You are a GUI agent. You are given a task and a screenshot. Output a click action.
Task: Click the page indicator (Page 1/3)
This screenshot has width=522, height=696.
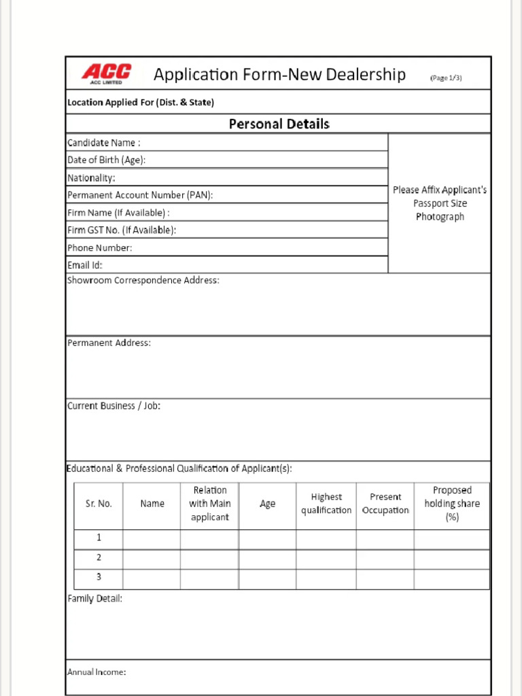click(446, 78)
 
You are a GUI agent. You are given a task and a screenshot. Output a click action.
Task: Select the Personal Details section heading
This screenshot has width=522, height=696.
click(279, 124)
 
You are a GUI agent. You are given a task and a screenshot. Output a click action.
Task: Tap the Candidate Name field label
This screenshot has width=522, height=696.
click(104, 143)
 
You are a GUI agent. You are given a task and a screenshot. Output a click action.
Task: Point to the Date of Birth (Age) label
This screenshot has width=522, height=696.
click(106, 160)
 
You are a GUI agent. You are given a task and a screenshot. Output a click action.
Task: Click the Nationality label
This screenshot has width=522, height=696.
click(91, 178)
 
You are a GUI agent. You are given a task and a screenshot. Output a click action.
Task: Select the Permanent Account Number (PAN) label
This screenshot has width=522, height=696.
click(140, 195)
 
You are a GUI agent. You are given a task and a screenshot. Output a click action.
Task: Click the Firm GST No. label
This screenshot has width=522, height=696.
click(122, 230)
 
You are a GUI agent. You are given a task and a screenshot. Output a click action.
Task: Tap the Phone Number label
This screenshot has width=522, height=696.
click(100, 247)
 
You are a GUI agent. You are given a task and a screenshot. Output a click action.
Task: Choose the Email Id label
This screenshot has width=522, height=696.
click(85, 265)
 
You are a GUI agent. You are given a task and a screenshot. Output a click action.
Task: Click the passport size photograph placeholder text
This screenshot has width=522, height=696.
click(440, 203)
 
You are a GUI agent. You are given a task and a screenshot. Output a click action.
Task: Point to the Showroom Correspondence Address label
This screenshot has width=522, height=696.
click(143, 280)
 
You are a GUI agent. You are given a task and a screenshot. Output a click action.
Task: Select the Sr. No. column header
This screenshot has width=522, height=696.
click(99, 504)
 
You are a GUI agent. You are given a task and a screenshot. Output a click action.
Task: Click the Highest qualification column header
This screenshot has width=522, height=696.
click(326, 504)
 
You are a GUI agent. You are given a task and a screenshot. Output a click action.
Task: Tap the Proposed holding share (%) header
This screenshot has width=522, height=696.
click(452, 504)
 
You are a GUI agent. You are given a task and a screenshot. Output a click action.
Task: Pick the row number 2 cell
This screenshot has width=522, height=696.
click(99, 557)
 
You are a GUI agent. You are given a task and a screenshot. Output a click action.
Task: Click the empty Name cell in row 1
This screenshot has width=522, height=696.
click(152, 538)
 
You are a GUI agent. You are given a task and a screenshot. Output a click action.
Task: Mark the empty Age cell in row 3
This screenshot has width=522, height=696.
click(267, 578)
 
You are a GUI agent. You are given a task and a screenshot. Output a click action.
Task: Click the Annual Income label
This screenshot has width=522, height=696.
click(97, 672)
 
